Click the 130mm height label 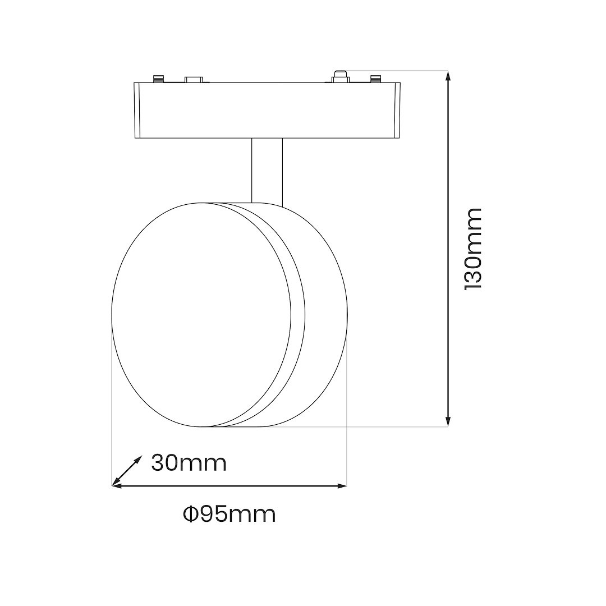[472, 249]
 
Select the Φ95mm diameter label [229, 515]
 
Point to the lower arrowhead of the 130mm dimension [448, 422]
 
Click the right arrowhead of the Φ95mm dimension [342, 486]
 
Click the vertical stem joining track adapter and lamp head [267, 171]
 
